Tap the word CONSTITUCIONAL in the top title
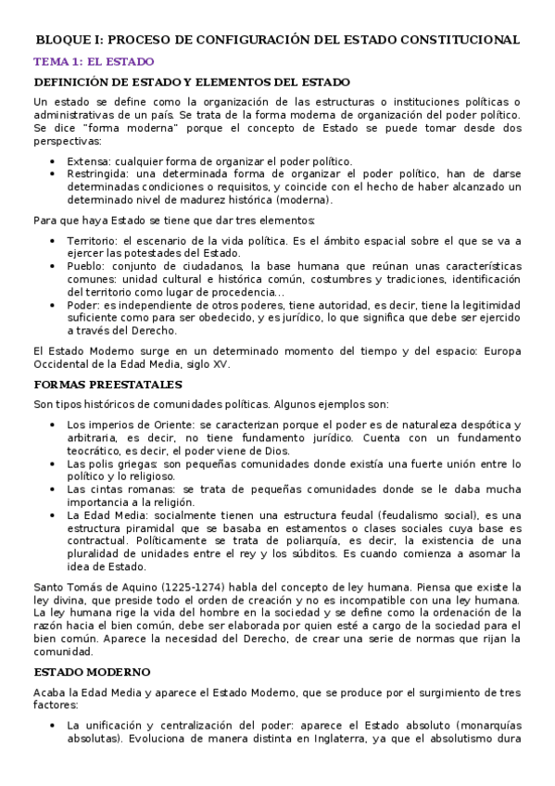click(x=461, y=40)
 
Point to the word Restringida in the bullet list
click(x=97, y=173)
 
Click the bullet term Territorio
click(x=93, y=241)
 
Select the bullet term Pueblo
click(x=86, y=266)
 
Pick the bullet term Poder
click(x=83, y=305)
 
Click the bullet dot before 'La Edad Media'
click(x=56, y=515)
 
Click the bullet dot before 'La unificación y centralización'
click(x=56, y=725)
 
